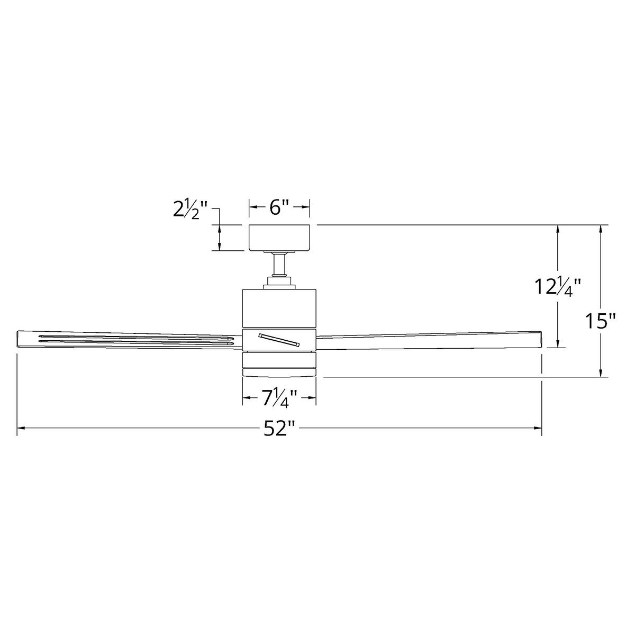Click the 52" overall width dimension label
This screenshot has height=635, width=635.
(x=278, y=429)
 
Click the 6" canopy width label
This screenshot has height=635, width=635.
(x=279, y=207)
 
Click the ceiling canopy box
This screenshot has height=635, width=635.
(x=279, y=238)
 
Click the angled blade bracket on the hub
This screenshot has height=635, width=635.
(x=279, y=339)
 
